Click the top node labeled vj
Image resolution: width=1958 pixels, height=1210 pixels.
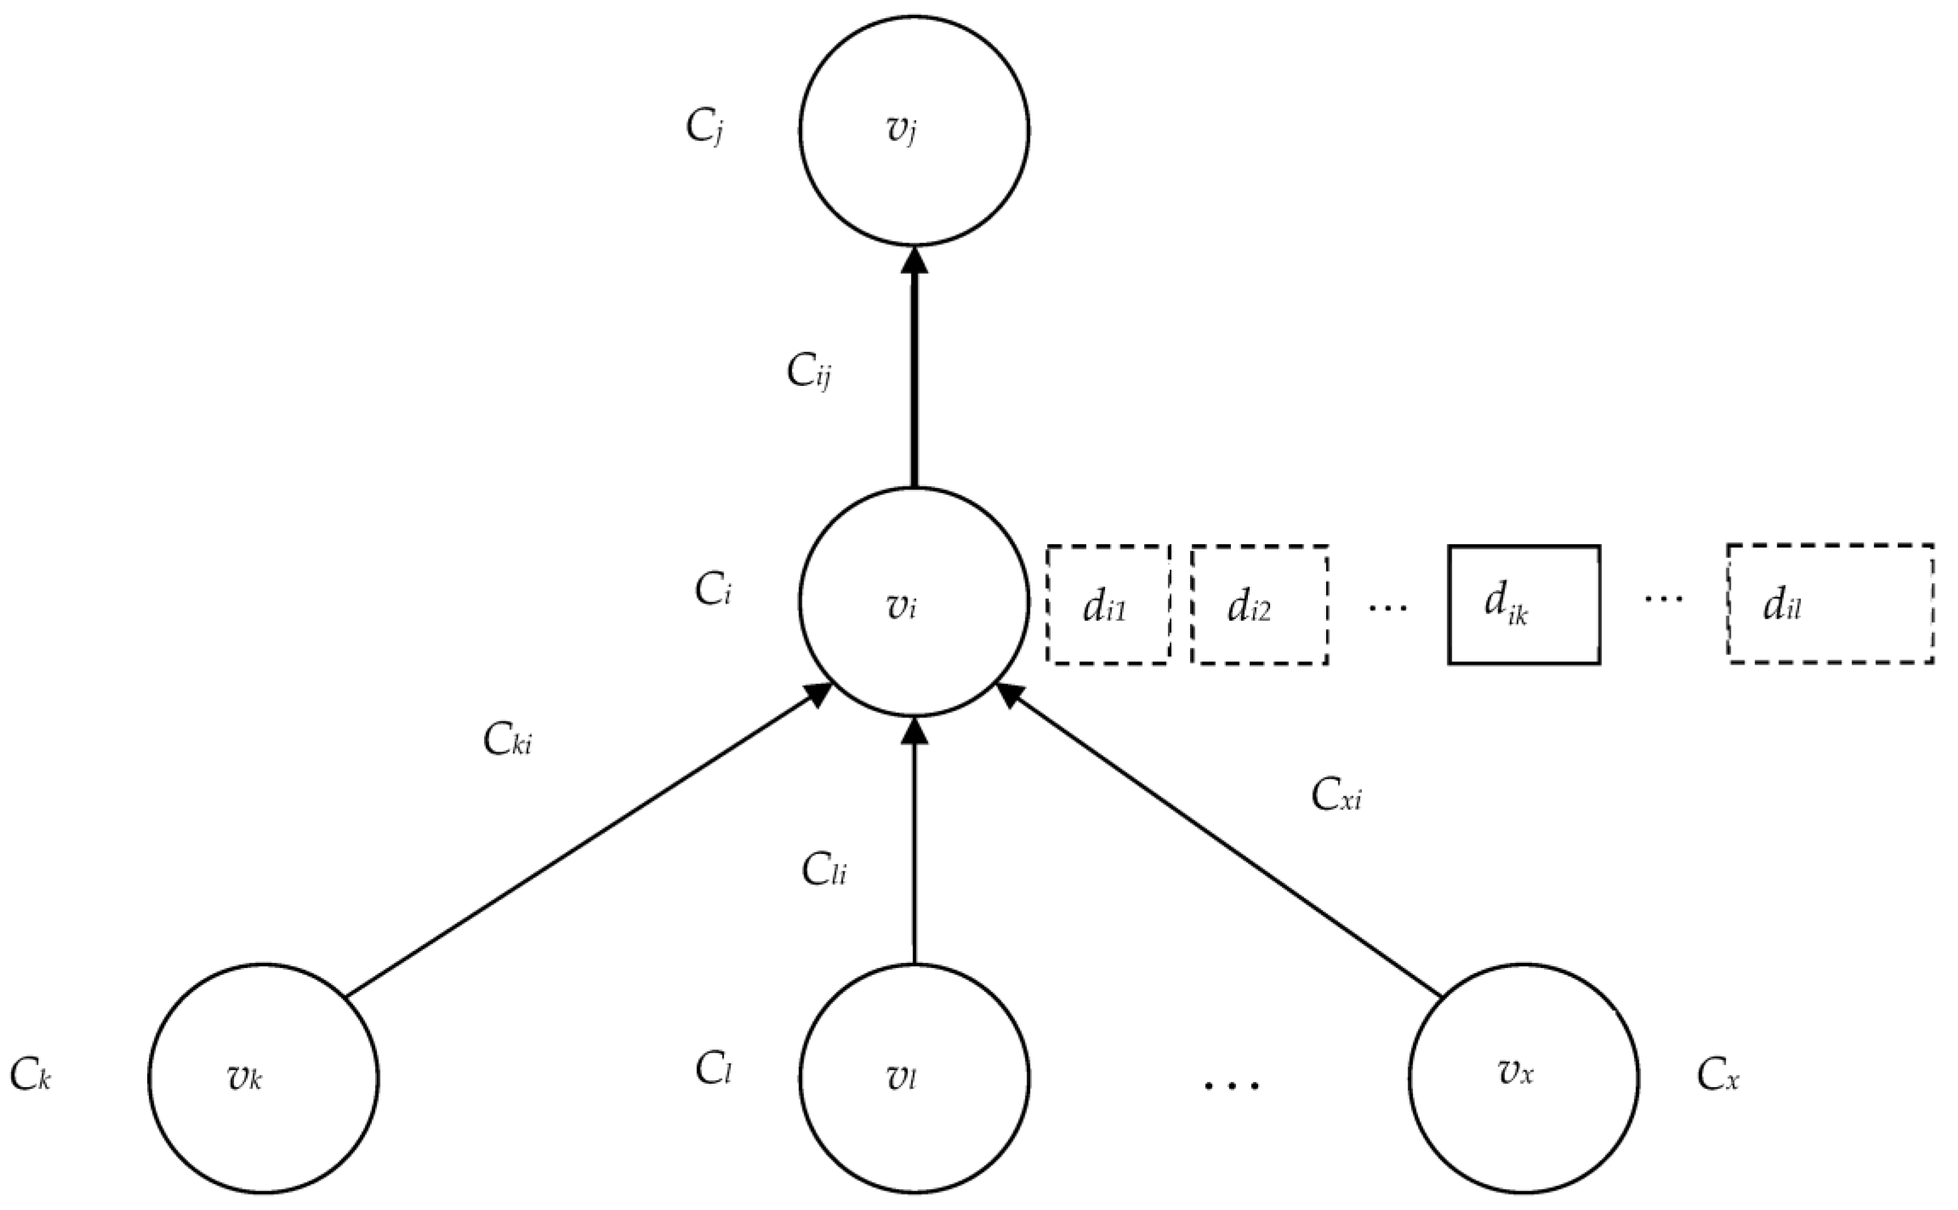pyautogui.click(x=914, y=130)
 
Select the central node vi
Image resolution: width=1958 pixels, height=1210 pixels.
pyautogui.click(x=914, y=602)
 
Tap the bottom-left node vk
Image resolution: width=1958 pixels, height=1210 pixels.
pyautogui.click(x=264, y=1078)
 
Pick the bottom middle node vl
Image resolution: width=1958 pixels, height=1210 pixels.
pyautogui.click(x=914, y=1078)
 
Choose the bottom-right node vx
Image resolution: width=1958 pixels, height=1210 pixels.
pyautogui.click(x=1523, y=1078)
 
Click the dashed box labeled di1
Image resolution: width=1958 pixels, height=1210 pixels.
pyautogui.click(x=1108, y=605)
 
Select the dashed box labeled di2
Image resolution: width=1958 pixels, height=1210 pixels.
pyautogui.click(x=1259, y=605)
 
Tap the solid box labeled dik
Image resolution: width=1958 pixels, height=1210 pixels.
pyautogui.click(x=1523, y=605)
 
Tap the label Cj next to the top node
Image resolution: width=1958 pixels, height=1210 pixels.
pyautogui.click(x=705, y=128)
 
